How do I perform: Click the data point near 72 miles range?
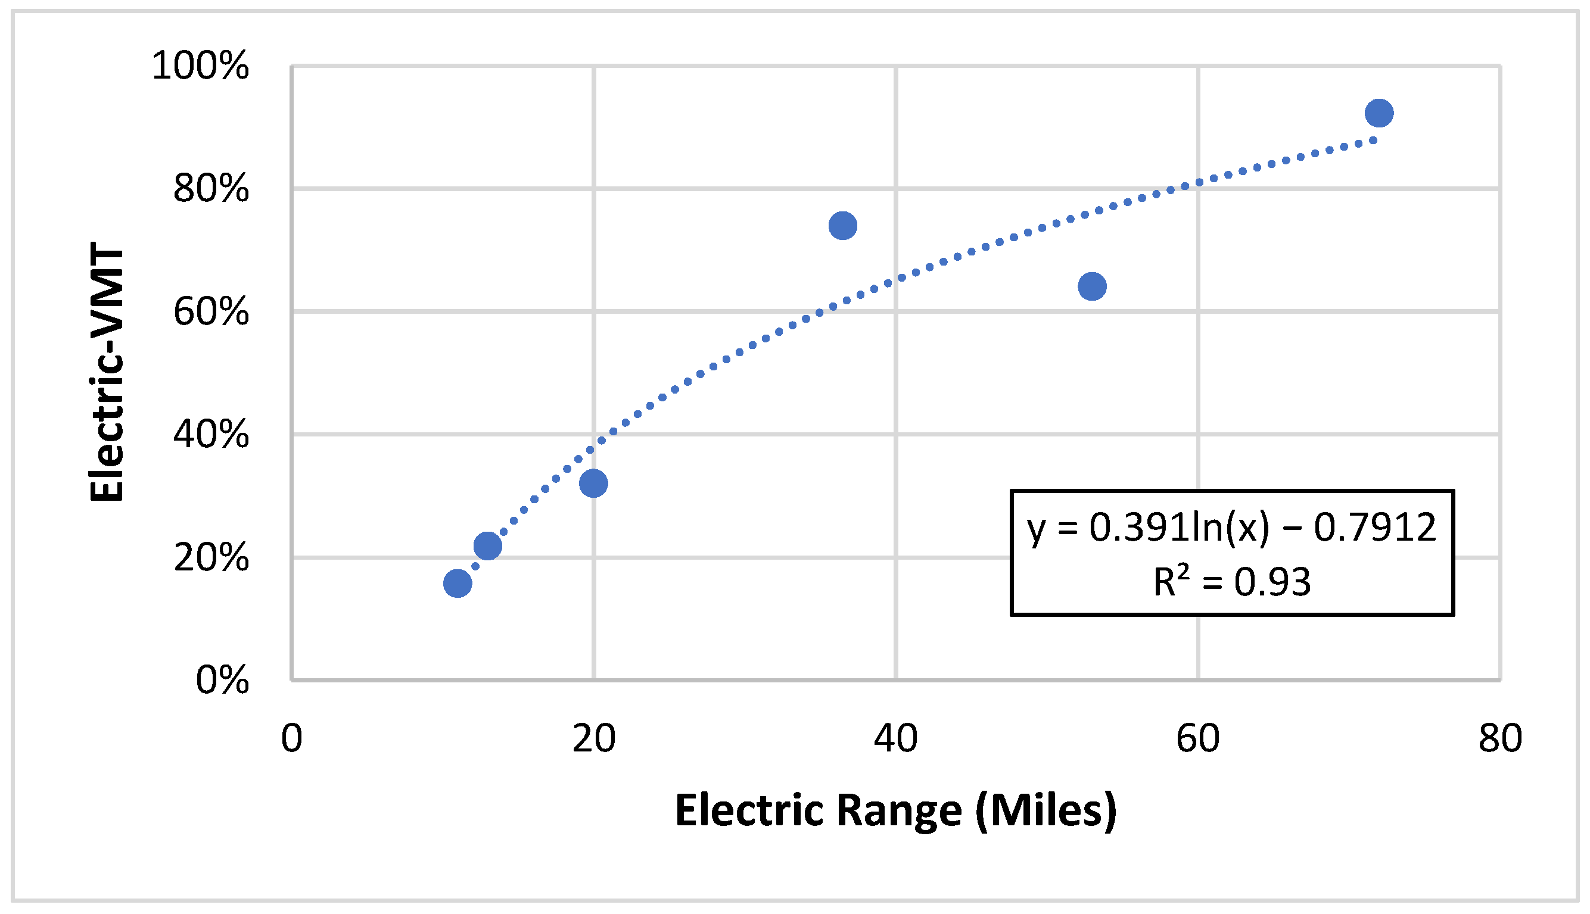coord(1379,113)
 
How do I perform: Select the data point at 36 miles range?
coord(843,225)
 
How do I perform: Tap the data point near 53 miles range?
coord(1092,286)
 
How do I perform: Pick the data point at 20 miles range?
coord(593,483)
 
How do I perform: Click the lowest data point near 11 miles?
coord(457,583)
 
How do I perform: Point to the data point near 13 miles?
coord(487,545)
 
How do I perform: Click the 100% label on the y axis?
coord(200,65)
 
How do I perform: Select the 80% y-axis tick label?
coord(211,188)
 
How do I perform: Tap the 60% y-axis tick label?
coord(211,311)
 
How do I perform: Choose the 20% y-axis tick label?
coord(211,557)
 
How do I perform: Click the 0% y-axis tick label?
coord(222,680)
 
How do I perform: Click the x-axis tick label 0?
coord(291,739)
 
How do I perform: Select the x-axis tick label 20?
coord(593,739)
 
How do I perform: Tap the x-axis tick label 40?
coord(895,739)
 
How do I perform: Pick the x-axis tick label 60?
coord(1197,739)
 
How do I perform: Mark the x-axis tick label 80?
coord(1500,739)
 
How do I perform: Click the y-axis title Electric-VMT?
coord(107,372)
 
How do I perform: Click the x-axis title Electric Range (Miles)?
coord(895,811)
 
